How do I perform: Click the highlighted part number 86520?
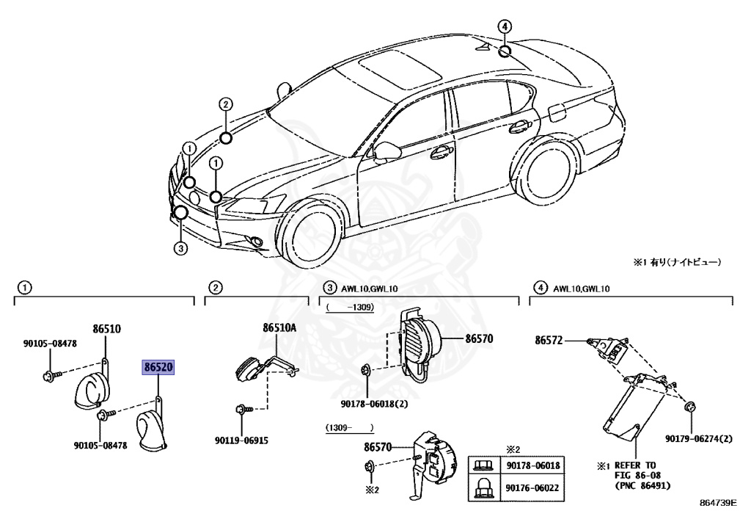[x=158, y=367]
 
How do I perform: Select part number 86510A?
[x=279, y=328]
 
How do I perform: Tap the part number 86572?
[x=549, y=340]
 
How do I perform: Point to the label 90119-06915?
[x=241, y=440]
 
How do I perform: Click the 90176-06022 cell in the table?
[x=532, y=486]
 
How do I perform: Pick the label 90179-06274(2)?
[x=699, y=439]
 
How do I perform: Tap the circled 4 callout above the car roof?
[x=505, y=26]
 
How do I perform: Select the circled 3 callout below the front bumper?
[x=180, y=249]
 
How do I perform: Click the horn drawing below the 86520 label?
[x=155, y=429]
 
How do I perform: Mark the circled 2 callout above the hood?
[x=225, y=104]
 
